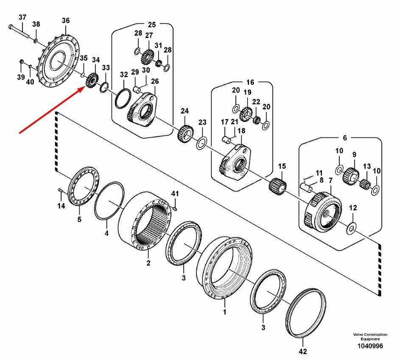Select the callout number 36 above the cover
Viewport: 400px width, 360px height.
[65, 20]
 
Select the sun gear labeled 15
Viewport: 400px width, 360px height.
[279, 185]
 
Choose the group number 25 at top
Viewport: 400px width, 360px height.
[152, 24]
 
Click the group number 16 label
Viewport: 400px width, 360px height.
[250, 82]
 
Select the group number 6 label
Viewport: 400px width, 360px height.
[344, 138]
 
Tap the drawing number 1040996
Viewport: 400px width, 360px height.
[370, 346]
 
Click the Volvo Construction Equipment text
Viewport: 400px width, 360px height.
[370, 337]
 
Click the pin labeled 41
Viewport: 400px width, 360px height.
[175, 207]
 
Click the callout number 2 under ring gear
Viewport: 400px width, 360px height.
[148, 263]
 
